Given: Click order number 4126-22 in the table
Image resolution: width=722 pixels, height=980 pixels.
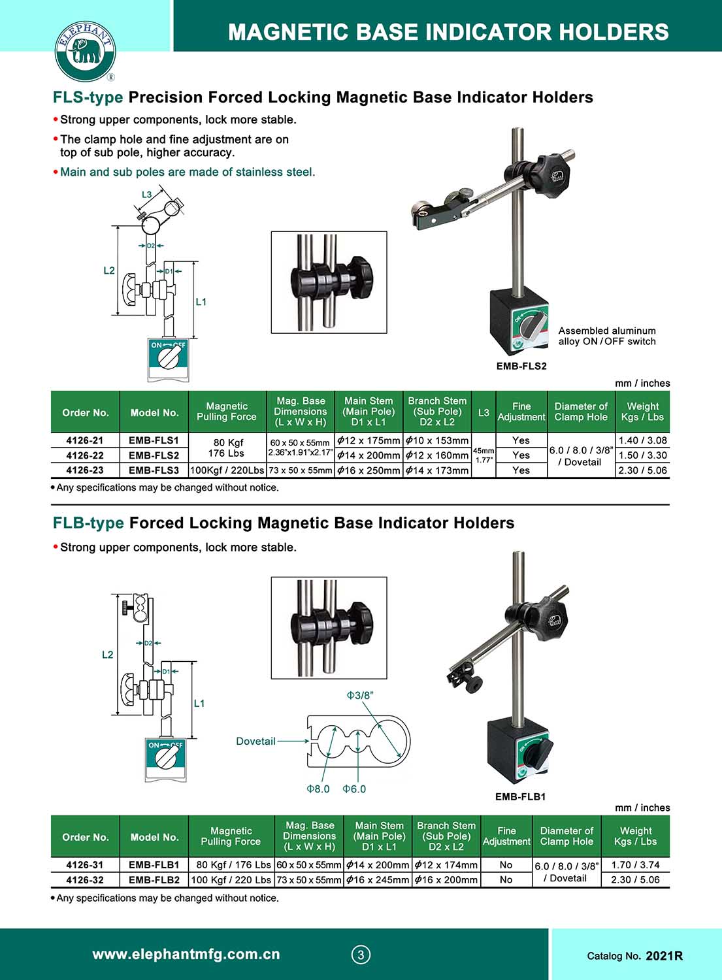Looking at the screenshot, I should click(85, 455).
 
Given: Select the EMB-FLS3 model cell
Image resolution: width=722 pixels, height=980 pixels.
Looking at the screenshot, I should click(154, 470).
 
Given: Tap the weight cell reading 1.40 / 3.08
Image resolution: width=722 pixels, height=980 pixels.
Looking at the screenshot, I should click(643, 440).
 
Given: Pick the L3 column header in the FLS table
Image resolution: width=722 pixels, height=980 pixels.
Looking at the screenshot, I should click(484, 412).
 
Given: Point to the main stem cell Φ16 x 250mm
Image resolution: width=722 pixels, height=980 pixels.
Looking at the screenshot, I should click(369, 470).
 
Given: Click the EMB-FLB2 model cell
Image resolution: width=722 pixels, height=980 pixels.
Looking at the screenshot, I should click(154, 879).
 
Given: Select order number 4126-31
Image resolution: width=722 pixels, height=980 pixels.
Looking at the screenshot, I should click(85, 864).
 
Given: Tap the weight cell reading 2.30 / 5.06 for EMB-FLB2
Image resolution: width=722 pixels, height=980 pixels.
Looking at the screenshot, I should click(635, 879).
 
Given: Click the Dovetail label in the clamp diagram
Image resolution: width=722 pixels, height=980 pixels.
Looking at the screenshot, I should click(255, 742).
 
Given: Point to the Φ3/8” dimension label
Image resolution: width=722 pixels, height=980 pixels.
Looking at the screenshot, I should click(360, 696).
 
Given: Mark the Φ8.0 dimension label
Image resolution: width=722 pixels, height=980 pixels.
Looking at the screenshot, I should click(318, 789).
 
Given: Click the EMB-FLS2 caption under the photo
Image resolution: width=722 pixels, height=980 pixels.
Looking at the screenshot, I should click(521, 366).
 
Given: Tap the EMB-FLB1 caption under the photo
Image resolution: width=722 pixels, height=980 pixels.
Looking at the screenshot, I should click(520, 796).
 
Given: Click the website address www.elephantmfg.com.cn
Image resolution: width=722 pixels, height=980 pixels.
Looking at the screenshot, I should click(186, 955).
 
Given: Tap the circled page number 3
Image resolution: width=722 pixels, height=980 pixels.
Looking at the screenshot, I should click(361, 955).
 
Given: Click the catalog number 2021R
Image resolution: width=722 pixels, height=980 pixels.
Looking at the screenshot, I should click(664, 956).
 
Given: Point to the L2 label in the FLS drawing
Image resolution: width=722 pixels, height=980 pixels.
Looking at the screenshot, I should click(109, 270).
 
